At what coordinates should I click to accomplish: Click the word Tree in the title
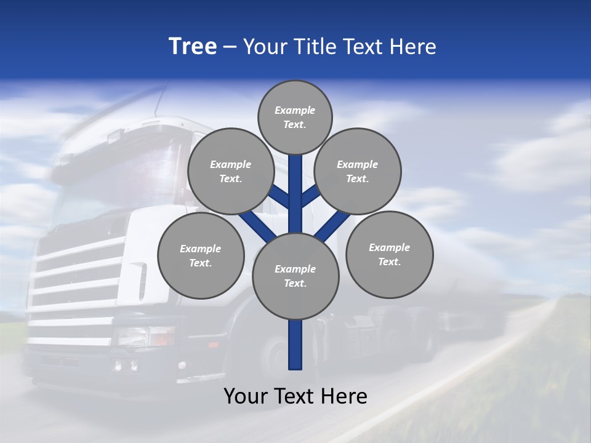(x=193, y=46)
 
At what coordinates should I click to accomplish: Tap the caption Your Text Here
(x=295, y=396)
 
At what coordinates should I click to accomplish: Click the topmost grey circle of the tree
(x=295, y=117)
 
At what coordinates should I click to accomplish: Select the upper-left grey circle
(x=231, y=171)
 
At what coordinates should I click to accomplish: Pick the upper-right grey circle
(x=358, y=171)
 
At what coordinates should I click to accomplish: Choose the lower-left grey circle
(x=201, y=255)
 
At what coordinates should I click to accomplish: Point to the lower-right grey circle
(x=390, y=254)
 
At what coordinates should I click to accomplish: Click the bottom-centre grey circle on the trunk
(x=295, y=276)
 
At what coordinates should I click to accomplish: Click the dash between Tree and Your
(x=230, y=47)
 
